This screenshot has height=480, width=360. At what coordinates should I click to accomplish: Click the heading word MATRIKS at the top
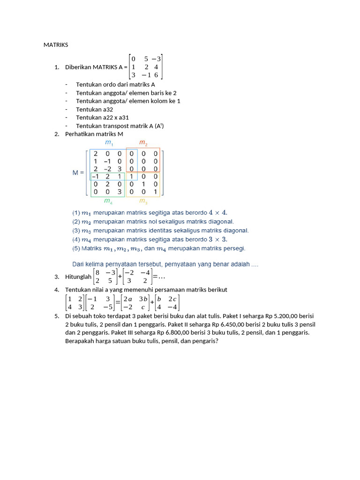[x=56, y=45]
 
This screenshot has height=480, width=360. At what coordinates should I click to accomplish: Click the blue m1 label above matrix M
[x=109, y=142]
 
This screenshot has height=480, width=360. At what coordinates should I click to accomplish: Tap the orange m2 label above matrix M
[x=143, y=142]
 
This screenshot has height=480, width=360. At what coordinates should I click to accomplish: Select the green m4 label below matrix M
[x=108, y=202]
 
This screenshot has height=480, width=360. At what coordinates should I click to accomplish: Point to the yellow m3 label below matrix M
[x=143, y=202]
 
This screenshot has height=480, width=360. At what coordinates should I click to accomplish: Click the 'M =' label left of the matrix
[x=78, y=172]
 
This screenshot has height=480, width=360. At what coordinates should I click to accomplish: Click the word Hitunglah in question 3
[x=78, y=277]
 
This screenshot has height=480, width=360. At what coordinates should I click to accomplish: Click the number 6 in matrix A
[x=156, y=75]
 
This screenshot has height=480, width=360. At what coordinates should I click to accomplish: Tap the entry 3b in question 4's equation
[x=144, y=299]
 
